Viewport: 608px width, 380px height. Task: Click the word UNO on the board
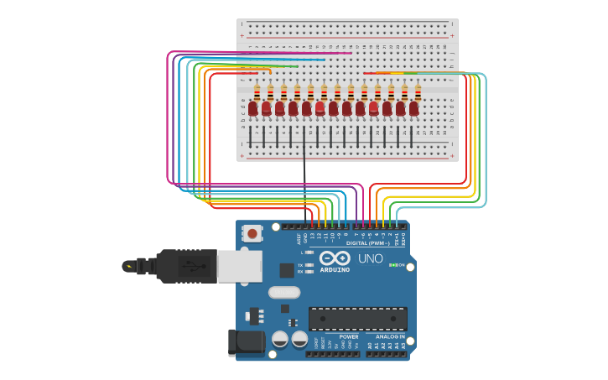point(370,258)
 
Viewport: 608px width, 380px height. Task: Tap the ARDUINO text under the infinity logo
point(335,270)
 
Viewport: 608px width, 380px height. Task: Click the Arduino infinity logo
point(335,258)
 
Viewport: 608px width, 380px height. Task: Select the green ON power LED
point(392,265)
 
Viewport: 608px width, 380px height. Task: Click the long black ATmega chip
point(358,319)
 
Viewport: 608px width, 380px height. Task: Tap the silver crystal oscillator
point(284,293)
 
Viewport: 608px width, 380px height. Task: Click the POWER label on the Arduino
point(349,336)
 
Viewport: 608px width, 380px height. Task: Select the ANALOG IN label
point(389,336)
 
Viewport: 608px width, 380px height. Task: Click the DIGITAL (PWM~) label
point(367,243)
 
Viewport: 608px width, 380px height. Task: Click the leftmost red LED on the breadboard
point(252,108)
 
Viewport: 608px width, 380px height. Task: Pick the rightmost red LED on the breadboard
point(413,108)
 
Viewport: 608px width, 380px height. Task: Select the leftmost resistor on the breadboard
point(257,91)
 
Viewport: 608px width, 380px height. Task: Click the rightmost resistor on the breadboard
point(418,91)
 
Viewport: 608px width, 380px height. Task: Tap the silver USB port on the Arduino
point(239,267)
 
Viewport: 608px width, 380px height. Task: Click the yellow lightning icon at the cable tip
point(128,267)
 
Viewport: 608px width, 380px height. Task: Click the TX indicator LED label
point(300,265)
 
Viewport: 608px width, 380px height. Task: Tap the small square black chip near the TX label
point(287,270)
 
